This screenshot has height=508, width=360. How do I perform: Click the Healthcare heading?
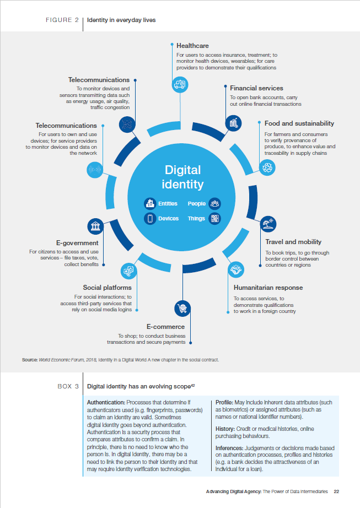point(192,46)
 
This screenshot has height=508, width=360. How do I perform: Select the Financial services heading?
point(256,88)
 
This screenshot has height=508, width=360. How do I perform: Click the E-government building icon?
point(95,226)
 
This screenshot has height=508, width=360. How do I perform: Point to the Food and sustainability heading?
point(299,123)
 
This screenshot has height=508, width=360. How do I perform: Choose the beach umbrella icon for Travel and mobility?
point(268,224)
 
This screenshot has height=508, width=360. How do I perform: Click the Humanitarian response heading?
point(268,288)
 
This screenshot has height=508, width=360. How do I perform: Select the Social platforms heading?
point(107,288)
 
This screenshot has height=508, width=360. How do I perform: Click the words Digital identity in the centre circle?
point(182,177)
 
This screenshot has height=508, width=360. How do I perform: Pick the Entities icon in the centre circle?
point(149,203)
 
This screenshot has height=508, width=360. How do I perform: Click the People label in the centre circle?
point(196,203)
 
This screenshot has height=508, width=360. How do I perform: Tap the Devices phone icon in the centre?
point(149,219)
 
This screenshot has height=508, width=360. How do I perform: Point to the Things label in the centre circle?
point(196,219)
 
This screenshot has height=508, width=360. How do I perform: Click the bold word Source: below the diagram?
point(30,360)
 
